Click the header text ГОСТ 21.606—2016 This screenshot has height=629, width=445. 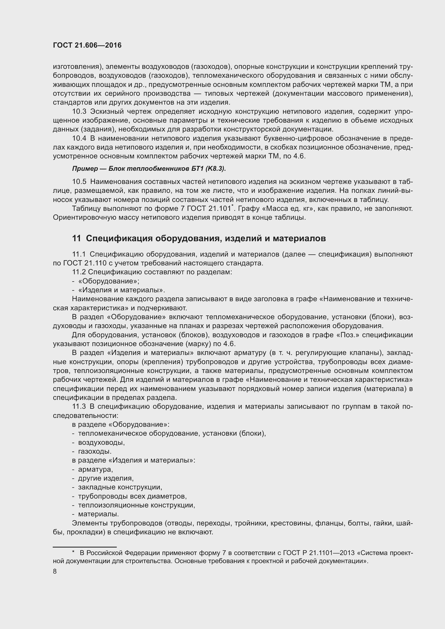click(87, 45)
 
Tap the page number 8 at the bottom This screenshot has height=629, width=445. click(55, 571)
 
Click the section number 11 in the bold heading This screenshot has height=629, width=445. click(76, 238)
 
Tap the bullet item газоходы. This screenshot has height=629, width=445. click(95, 451)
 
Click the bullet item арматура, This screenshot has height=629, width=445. click(95, 469)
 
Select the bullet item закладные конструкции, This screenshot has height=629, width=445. click(120, 487)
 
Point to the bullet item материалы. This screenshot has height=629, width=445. click(98, 514)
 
